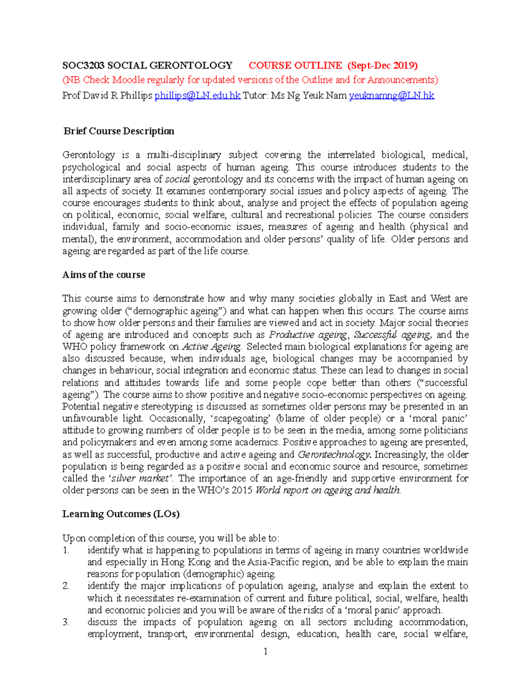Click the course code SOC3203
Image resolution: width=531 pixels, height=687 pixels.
point(83,66)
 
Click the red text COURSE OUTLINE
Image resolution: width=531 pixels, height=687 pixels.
point(295,66)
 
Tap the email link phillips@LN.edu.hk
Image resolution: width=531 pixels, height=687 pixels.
point(197,96)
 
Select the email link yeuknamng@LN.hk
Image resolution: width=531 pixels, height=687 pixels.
point(392,96)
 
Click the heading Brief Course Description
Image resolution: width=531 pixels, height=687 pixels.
point(119,131)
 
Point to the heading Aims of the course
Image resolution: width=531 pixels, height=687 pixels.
point(104,275)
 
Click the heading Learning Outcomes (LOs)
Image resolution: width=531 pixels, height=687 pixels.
point(121,514)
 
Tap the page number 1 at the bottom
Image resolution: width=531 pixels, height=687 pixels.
point(265,651)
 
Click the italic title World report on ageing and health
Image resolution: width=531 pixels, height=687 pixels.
point(328,491)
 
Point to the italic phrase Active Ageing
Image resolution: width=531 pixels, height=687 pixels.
point(212,347)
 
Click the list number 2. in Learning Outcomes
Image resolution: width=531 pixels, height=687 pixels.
point(66,586)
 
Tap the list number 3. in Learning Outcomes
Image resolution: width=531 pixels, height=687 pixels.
point(66,622)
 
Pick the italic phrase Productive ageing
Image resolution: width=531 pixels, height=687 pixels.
point(308,335)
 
